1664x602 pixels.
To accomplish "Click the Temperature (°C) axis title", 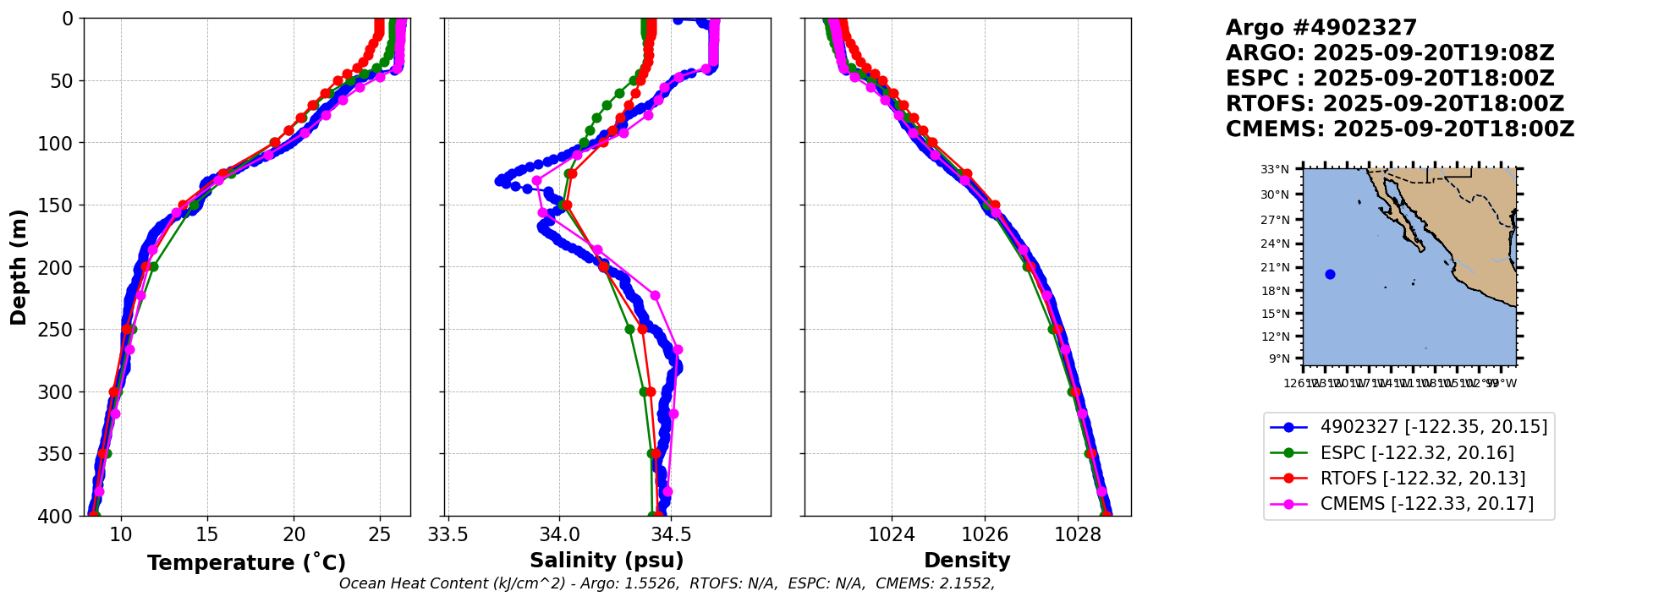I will (x=246, y=563).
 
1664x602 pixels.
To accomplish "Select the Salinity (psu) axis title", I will (x=607, y=561).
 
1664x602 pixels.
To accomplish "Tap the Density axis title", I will (x=967, y=561).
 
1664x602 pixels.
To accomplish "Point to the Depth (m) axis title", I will (x=19, y=266).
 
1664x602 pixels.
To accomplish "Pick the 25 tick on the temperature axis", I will (x=380, y=535).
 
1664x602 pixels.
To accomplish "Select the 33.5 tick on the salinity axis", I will (x=448, y=535).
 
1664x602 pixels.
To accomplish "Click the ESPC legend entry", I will (x=1417, y=453).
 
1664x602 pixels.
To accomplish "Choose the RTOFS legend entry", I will (x=1422, y=479).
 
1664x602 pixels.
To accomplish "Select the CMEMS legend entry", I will (x=1426, y=505).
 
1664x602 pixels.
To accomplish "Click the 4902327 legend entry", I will (x=1433, y=427).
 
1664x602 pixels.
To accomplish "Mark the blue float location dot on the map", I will (x=1330, y=274).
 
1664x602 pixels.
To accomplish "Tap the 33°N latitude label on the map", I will (x=1275, y=170).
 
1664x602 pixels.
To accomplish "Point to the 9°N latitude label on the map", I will (x=1278, y=359).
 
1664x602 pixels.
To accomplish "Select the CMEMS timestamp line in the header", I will (x=1400, y=129).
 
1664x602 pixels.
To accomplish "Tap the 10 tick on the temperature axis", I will (x=121, y=535).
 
